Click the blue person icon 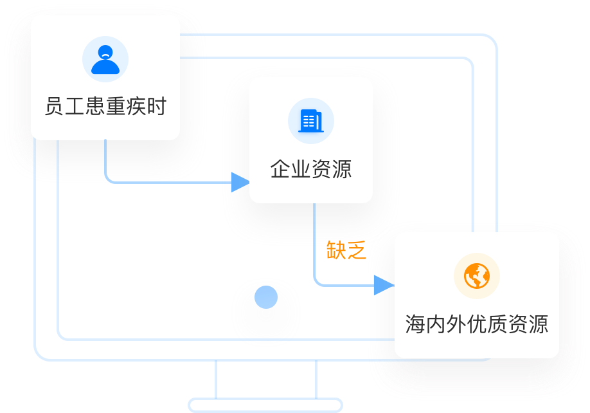click(x=105, y=60)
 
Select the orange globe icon click(x=477, y=276)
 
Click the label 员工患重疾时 click(x=105, y=106)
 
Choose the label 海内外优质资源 click(x=477, y=324)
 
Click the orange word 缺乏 click(x=346, y=250)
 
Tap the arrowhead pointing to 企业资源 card click(x=240, y=182)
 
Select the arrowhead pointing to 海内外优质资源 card click(x=384, y=285)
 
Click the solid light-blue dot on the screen click(x=266, y=297)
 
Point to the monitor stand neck click(x=266, y=380)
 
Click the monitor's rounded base click(x=265, y=405)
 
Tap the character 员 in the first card click(x=54, y=106)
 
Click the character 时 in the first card click(x=157, y=106)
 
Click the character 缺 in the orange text click(x=337, y=250)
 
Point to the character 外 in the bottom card click(x=456, y=324)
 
